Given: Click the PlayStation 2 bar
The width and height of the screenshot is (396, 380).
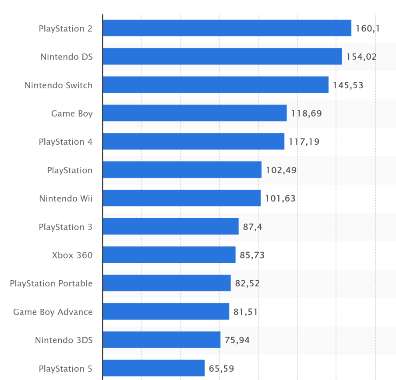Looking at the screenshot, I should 227,28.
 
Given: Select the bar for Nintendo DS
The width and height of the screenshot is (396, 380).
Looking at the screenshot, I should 222,56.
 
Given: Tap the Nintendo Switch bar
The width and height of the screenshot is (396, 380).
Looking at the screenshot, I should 216,85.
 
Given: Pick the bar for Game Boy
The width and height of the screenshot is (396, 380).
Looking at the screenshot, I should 194,113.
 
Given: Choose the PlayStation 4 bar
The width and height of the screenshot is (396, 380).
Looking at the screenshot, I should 193,141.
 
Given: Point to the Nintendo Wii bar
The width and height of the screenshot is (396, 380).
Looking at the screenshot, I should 181,198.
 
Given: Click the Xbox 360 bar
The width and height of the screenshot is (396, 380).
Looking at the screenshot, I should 169,254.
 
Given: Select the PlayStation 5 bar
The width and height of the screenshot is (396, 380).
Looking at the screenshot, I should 154,368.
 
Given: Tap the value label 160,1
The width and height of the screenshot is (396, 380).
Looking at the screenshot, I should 368,29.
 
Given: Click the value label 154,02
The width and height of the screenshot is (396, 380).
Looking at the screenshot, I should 361,57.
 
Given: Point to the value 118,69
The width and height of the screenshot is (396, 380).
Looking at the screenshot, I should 306,114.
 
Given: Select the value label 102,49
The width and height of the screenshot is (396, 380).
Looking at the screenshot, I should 281,170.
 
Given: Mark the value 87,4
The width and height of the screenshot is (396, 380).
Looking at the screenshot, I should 253,227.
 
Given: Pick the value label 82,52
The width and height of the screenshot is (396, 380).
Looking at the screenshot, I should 247,283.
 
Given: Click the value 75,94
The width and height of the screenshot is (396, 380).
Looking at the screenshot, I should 237,340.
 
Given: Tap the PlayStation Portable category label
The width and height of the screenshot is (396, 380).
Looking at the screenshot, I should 51,283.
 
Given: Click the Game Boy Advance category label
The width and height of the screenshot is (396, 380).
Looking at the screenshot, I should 53,312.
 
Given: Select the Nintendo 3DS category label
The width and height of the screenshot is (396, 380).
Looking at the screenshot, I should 64,340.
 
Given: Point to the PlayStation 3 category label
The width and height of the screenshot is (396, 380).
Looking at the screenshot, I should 66,227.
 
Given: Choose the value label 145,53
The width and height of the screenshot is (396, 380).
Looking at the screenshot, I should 348,85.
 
